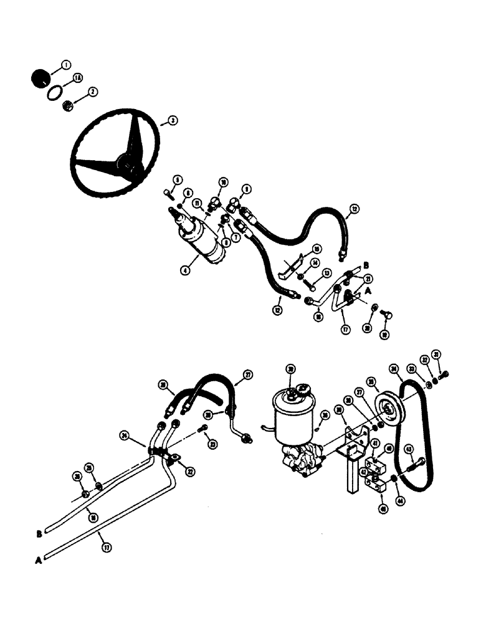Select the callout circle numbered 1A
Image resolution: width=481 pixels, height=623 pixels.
pyautogui.click(x=78, y=77)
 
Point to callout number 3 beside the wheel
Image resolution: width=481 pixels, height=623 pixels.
pyautogui.click(x=167, y=122)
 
